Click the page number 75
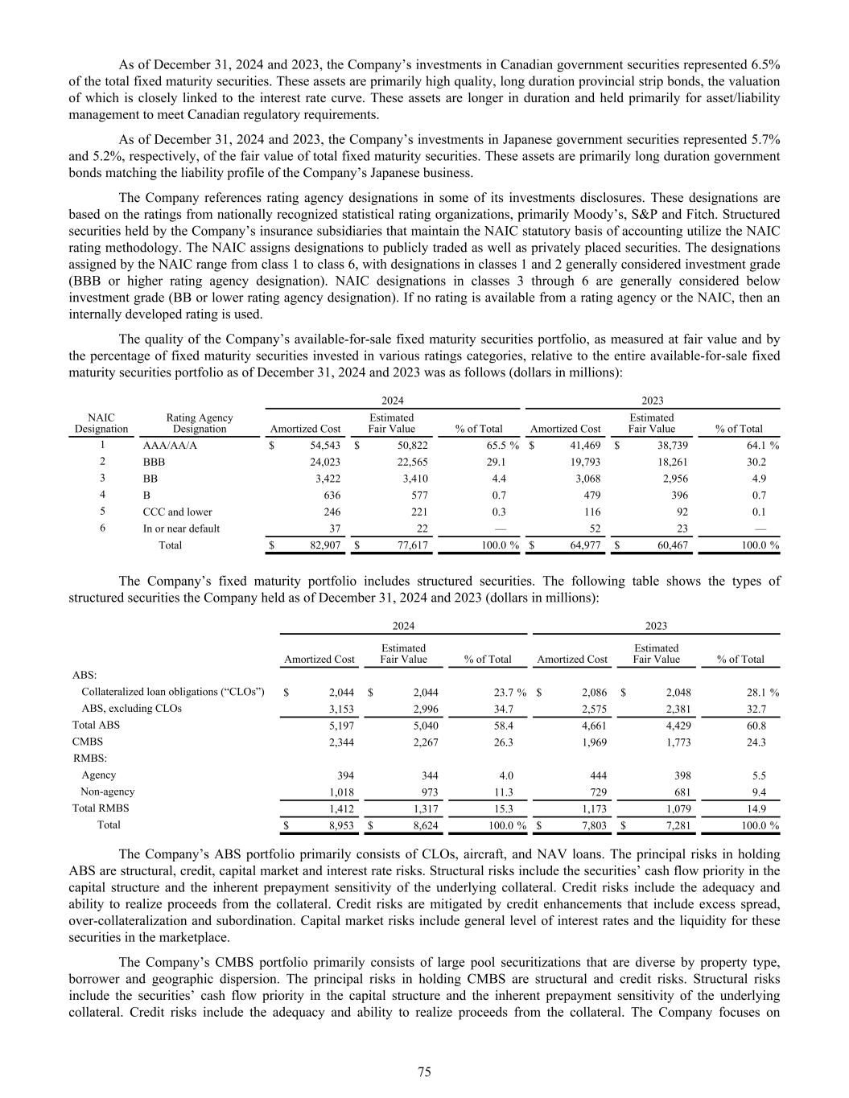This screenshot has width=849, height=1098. point(424,1071)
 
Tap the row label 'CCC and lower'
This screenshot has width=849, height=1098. point(177,512)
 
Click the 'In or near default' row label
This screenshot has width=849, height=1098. point(181,528)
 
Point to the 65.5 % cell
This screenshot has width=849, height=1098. point(493,445)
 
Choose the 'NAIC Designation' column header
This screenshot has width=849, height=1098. point(101,423)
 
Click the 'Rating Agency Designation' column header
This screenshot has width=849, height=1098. point(199,423)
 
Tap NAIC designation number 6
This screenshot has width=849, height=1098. point(101,528)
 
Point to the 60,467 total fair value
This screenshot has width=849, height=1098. point(670,545)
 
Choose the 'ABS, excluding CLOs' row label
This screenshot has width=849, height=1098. point(131,709)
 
